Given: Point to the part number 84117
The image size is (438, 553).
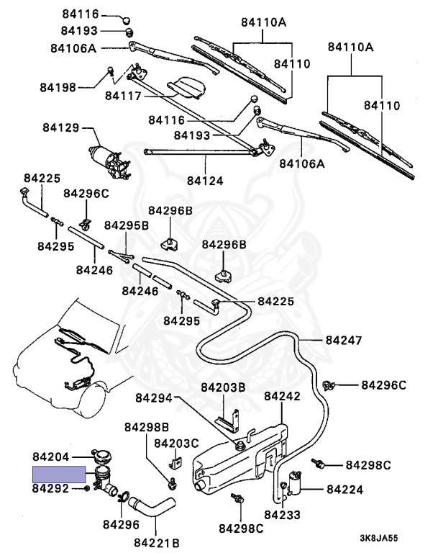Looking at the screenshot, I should (x=126, y=95).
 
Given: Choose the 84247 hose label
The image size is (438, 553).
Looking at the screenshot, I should (x=344, y=339).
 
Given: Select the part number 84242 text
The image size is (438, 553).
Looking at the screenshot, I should (x=282, y=396).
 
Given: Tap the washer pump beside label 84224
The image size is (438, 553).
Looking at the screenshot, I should (x=294, y=486).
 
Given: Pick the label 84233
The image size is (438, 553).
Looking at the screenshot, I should (x=282, y=514).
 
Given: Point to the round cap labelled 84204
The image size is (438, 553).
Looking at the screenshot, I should (x=101, y=456).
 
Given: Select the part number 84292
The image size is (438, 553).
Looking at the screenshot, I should (x=50, y=489).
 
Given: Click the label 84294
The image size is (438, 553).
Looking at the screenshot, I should (x=154, y=397).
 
